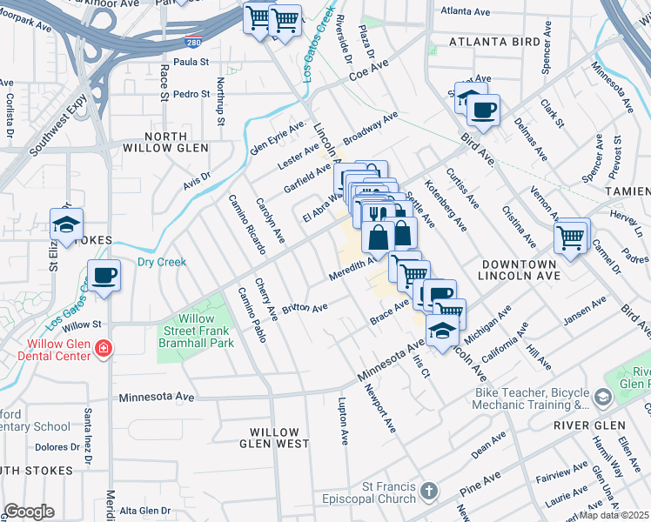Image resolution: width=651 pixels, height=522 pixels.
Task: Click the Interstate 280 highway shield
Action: click(191, 41)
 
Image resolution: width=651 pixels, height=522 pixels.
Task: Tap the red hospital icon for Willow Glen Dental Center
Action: click(103, 349)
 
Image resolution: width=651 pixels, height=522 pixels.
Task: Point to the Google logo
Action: click(28, 512)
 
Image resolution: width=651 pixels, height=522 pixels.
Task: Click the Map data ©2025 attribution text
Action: click(614, 515)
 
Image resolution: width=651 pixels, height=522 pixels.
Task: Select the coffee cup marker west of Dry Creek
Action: click(104, 276)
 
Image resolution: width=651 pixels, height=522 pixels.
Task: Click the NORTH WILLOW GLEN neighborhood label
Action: click(165, 143)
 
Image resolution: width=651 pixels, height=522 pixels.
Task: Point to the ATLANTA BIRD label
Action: click(489, 41)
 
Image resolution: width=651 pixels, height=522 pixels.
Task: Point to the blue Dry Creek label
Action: click(162, 262)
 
